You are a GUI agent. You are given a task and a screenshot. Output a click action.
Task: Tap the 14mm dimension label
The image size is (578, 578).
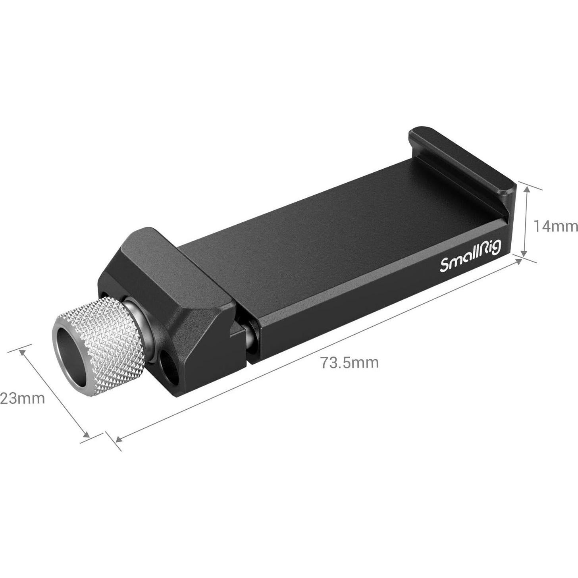click(x=555, y=226)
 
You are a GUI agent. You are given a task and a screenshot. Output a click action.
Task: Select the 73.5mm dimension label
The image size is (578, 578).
click(x=350, y=362)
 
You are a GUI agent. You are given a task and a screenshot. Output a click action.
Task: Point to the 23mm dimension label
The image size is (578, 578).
click(x=22, y=398)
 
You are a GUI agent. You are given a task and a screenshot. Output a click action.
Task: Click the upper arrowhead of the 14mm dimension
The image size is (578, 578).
click(x=527, y=190)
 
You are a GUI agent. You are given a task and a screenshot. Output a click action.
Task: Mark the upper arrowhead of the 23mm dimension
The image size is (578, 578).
click(x=23, y=352)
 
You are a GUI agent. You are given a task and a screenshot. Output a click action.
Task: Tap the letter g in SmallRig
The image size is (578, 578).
click(x=496, y=249)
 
